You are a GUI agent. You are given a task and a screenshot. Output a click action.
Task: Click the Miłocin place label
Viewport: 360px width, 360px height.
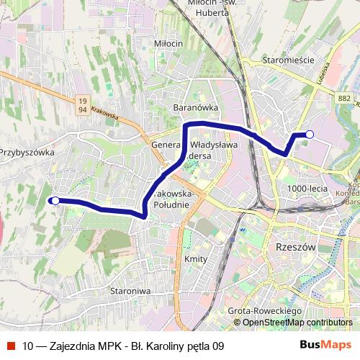[168, 43]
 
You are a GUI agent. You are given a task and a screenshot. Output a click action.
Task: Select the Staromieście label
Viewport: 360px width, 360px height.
[287, 60]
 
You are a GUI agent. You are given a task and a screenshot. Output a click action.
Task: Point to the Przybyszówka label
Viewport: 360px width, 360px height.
[27, 153]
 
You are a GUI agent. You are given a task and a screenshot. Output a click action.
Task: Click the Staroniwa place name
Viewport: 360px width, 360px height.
[130, 291]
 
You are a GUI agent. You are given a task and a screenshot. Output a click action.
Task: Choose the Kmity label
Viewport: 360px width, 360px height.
[196, 259]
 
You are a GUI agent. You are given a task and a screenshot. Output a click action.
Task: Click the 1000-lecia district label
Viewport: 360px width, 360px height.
[307, 188]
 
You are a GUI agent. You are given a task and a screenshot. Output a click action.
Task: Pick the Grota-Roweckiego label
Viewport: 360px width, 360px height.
[264, 310]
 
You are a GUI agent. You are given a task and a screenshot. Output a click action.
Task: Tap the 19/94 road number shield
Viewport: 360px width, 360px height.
[84, 105]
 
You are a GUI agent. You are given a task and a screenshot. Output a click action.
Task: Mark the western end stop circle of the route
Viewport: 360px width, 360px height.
[55, 201]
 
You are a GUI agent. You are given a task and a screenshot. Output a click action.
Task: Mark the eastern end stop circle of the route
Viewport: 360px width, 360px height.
[310, 134]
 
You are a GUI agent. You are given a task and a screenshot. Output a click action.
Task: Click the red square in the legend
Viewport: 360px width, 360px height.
[10, 346]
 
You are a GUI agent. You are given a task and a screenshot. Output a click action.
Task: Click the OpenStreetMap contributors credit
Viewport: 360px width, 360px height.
[297, 323]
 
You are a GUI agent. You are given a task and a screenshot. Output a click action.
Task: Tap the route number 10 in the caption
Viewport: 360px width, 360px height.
[27, 346]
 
